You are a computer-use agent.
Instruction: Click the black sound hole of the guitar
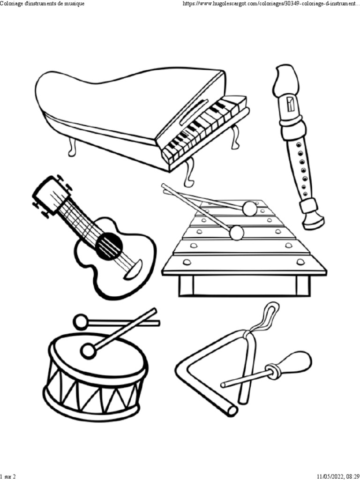click(110, 245)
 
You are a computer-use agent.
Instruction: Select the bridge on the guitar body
click(134, 270)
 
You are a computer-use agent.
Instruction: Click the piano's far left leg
click(72, 147)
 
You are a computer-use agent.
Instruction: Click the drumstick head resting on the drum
click(89, 351)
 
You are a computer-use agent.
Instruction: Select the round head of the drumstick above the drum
click(81, 322)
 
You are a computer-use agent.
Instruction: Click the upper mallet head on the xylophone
click(250, 208)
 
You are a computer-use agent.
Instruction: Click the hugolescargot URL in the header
click(271, 4)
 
